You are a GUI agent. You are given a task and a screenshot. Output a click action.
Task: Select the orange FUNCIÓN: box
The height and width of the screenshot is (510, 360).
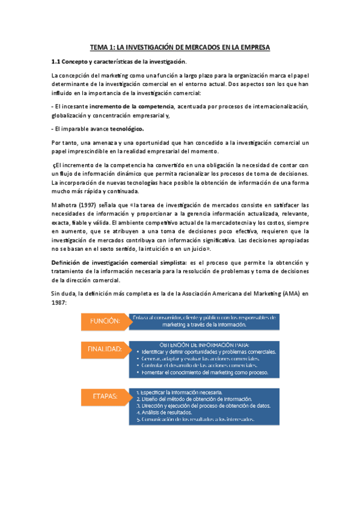point(105,321)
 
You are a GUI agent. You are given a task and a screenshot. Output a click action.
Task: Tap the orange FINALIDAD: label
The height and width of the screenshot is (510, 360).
point(105,349)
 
